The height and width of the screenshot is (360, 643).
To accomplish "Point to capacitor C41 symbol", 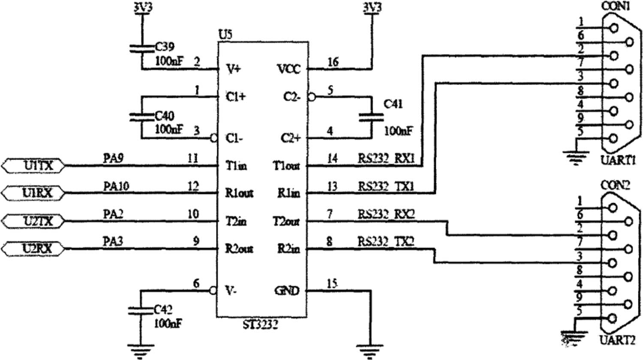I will (371, 117).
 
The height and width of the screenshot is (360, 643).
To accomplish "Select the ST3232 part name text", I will (260, 324).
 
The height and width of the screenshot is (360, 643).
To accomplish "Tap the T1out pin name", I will (287, 166).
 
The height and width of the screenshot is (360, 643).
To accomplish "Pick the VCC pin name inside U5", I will (289, 69).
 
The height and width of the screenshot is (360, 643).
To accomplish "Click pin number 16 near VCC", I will (333, 63).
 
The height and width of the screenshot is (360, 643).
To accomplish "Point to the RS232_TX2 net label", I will (386, 242).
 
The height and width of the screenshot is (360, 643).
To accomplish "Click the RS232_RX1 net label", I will (386, 159).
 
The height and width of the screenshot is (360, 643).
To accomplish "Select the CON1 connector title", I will (616, 6).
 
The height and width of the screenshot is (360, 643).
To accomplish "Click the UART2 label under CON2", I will (617, 341).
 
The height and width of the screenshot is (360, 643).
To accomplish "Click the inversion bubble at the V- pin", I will (213, 291).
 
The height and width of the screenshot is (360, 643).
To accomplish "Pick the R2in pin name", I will (288, 249).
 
